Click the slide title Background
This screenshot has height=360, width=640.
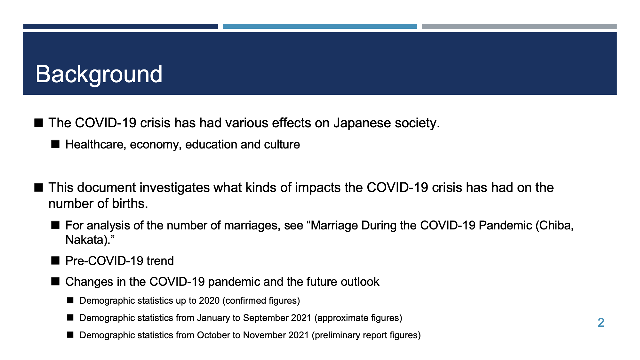point(99,74)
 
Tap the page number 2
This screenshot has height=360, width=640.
point(601,323)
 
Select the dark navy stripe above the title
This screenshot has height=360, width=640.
point(121,27)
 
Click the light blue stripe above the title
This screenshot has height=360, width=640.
point(320,27)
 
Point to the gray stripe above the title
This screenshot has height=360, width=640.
point(519,27)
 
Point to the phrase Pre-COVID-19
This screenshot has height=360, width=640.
point(104,261)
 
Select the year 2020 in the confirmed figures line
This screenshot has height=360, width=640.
point(209,301)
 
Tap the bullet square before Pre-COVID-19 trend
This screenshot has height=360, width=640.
point(55,260)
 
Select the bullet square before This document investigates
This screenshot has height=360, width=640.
point(39,187)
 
